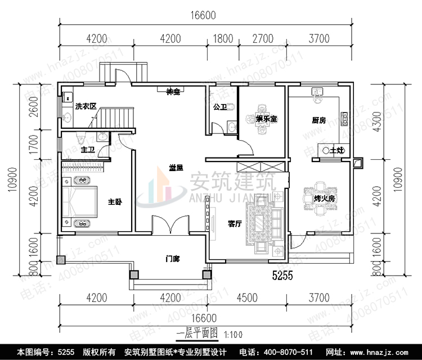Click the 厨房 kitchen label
[320, 120]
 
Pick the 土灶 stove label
[336, 150]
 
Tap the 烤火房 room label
[324, 199]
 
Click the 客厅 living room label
[235, 224]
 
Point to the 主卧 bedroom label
[115, 202]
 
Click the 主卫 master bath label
[88, 150]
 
